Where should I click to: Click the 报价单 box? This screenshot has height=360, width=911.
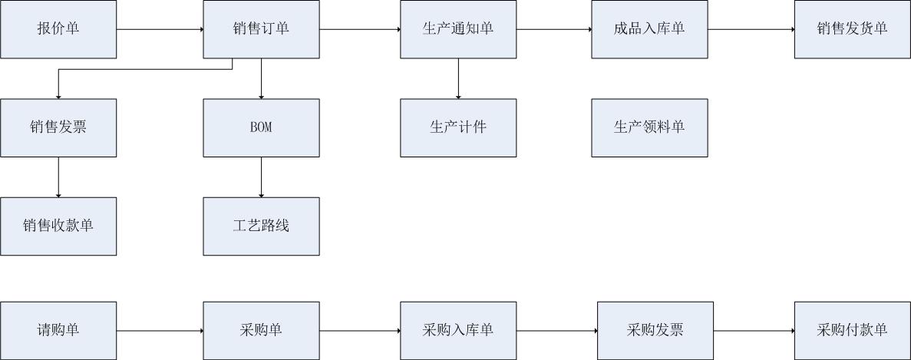(58, 29)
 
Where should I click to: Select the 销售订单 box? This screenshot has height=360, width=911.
(261, 29)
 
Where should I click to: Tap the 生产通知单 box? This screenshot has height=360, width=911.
(458, 29)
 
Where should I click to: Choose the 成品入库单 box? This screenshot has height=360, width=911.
(649, 29)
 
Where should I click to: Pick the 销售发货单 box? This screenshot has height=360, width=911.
(852, 29)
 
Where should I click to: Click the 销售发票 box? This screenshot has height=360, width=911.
(58, 127)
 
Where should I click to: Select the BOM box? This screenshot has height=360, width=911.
(261, 127)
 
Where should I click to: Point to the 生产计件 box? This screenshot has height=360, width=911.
(458, 127)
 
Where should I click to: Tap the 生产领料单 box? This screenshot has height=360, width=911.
(649, 127)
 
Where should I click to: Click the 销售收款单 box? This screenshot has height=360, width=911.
(58, 226)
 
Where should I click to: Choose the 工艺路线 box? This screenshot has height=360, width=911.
(261, 226)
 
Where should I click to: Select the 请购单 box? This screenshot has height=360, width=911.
(58, 330)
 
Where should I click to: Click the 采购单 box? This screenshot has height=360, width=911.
(261, 330)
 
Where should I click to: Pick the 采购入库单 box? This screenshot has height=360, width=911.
(458, 330)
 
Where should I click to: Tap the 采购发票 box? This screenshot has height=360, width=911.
(655, 330)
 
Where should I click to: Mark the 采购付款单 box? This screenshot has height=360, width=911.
(852, 330)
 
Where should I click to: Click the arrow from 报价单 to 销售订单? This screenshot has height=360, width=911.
(160, 29)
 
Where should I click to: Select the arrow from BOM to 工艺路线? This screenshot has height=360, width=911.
(261, 177)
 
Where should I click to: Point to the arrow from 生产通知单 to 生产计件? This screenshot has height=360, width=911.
(458, 78)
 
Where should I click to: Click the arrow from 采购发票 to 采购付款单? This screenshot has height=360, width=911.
(754, 330)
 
